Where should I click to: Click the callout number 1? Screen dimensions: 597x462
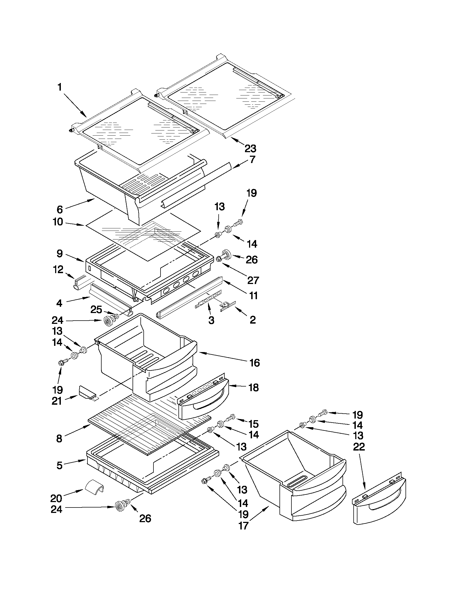tap(59, 87)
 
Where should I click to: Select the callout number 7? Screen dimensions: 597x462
tap(252, 159)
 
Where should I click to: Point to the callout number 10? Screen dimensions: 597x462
tap(58, 222)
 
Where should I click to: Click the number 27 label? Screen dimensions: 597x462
tap(253, 280)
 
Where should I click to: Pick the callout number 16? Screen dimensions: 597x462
tap(254, 363)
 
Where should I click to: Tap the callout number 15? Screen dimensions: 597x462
tap(253, 424)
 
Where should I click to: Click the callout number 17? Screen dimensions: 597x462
tap(243, 526)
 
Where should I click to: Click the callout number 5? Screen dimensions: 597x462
tap(59, 465)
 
